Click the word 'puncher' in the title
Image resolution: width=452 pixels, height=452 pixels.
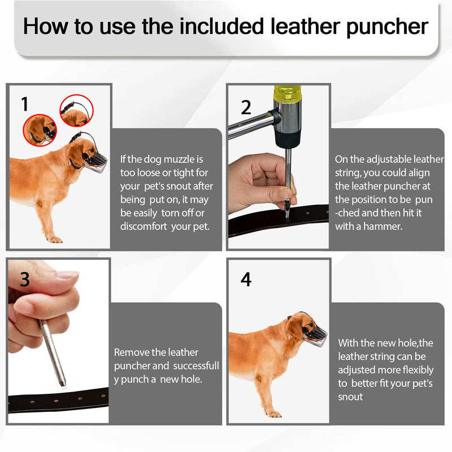(387, 27)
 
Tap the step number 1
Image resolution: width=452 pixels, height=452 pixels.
(25, 104)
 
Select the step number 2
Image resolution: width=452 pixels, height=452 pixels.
(246, 107)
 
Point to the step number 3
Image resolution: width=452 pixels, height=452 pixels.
(25, 279)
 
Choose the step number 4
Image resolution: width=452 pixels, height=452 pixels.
(246, 279)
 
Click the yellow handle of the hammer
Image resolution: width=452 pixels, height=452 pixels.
(288, 93)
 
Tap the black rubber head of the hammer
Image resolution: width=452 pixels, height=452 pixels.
(288, 139)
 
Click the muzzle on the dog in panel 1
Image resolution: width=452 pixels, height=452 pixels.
(94, 162)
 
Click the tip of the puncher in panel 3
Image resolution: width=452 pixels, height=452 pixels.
(62, 384)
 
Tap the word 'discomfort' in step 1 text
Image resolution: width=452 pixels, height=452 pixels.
(144, 227)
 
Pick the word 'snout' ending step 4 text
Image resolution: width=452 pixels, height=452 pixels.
(350, 397)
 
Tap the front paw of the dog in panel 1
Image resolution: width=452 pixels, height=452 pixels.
(55, 240)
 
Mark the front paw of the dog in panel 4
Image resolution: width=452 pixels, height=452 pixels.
(274, 414)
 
